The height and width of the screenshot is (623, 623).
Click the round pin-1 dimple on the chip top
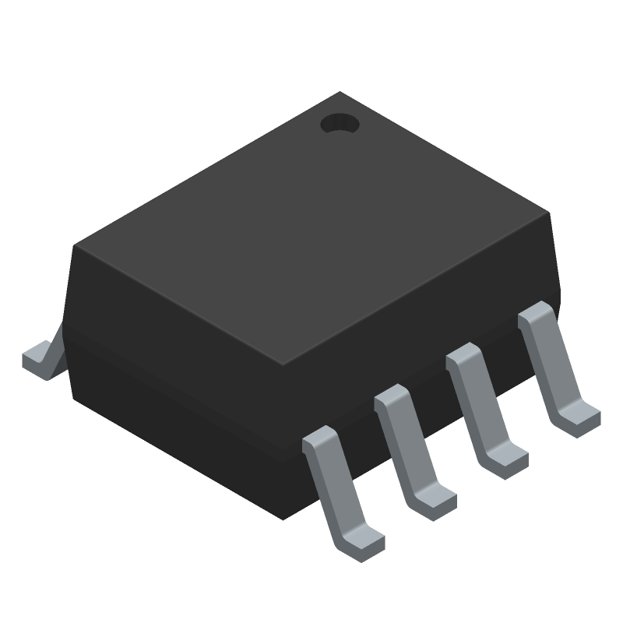[x=339, y=123]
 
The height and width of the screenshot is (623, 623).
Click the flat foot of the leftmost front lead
[x=361, y=541]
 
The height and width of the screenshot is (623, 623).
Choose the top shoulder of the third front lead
[x=465, y=357]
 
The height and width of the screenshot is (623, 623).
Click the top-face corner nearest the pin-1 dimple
[x=340, y=93]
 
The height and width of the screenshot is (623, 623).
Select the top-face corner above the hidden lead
[x=75, y=246]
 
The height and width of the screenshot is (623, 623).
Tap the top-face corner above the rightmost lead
[x=550, y=212]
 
